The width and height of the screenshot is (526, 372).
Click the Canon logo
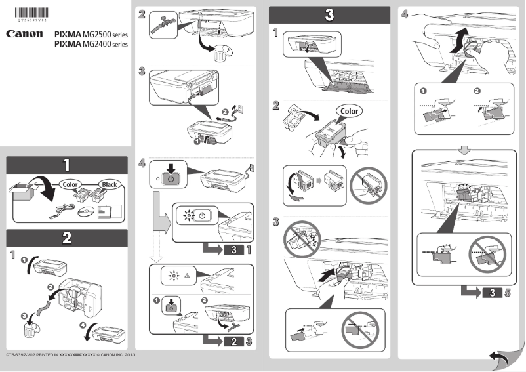pos(25,33)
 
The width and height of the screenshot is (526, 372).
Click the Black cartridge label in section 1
pos(108,184)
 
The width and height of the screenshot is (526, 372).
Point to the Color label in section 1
pos(70,184)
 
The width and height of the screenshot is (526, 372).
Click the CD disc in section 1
pos(85,211)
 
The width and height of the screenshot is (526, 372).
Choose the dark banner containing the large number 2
pos(67,238)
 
